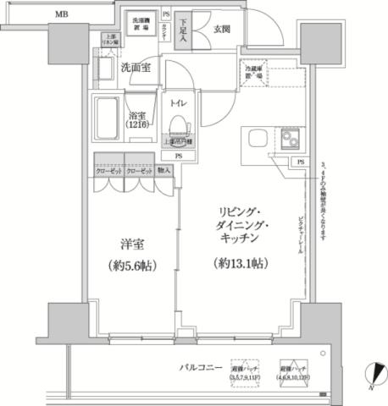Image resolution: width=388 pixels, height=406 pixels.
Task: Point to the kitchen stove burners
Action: [293, 138]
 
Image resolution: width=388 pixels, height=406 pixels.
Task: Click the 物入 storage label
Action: [164, 170]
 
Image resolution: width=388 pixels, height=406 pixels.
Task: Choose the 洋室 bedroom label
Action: [130, 244]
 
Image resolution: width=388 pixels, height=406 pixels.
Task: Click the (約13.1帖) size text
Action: [241, 264]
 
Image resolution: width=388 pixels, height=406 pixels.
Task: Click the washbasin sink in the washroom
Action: [107, 68]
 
